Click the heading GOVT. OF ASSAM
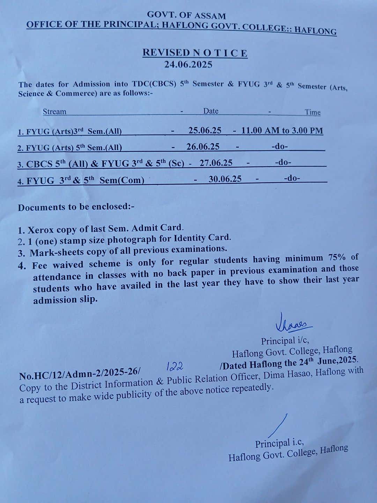pos(186,15)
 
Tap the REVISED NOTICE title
pos(195,53)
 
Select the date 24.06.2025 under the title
pos(188,65)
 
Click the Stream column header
pos(54,112)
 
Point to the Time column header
pos(312,112)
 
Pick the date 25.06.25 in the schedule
pos(205,130)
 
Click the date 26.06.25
pos(203,147)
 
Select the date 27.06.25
pos(216,163)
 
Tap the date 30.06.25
pos(225,179)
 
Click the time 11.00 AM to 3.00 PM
pos(282,131)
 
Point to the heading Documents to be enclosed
pos(76,207)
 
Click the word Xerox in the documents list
pos(40,230)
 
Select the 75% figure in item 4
pos(337,258)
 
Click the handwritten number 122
pos(175,366)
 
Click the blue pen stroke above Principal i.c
pos(278,426)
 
